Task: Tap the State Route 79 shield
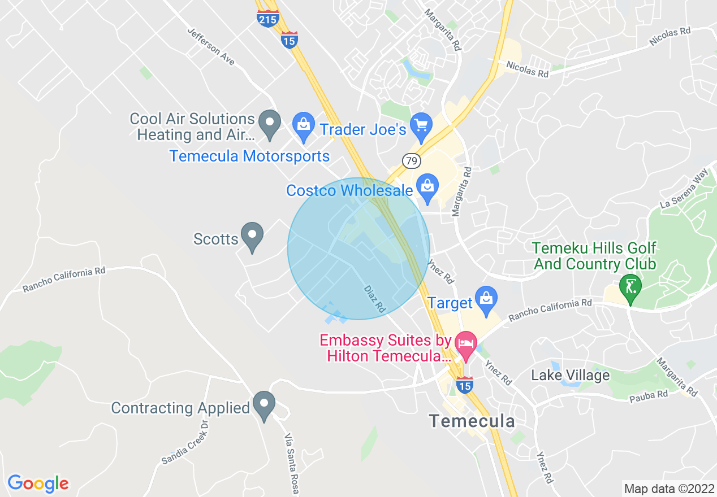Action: [412, 162]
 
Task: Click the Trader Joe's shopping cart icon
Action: [421, 124]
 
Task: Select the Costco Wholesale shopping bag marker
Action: [427, 186]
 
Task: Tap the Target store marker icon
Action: [486, 298]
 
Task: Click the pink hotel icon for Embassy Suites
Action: [466, 344]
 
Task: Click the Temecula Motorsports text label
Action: [249, 156]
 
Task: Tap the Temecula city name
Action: [472, 421]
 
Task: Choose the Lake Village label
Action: [570, 375]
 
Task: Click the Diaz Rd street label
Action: [374, 299]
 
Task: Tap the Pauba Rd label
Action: [649, 395]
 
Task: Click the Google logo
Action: [38, 483]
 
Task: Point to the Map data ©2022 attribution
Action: [668, 489]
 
